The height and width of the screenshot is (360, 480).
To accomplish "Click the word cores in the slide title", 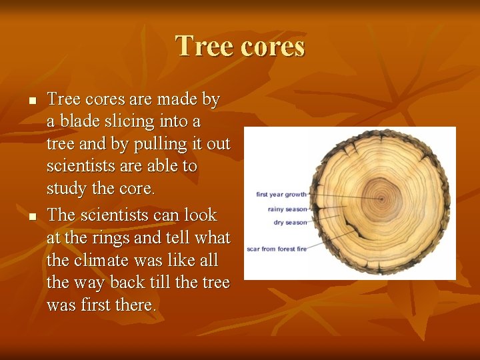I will [x=269, y=47].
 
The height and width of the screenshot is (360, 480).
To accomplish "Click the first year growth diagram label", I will [x=281, y=195].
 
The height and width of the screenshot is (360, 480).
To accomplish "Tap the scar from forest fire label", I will [x=276, y=249].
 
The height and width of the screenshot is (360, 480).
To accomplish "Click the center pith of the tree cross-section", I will [x=381, y=199].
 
